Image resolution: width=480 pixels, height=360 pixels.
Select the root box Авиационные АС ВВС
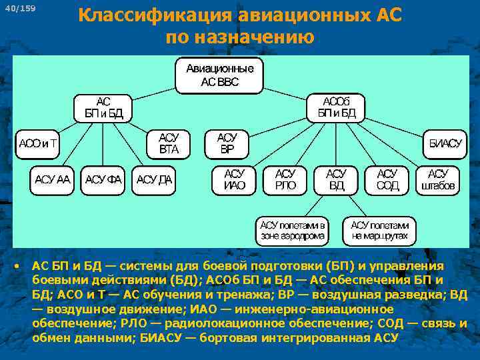(219, 75)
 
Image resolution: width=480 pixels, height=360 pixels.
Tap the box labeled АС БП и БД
(103, 107)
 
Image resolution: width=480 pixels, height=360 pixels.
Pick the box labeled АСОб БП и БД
(337, 107)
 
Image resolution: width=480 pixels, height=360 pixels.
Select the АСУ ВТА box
(169, 143)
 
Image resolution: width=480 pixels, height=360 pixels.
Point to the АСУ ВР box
(227, 143)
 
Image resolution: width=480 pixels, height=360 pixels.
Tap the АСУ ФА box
(103, 179)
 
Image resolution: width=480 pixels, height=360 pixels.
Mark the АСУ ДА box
(154, 179)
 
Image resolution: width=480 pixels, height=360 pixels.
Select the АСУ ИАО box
(235, 179)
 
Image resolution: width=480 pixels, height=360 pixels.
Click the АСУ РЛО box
(286, 179)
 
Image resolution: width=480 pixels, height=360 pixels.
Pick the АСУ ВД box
(337, 179)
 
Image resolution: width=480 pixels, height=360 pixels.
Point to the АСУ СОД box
(387, 179)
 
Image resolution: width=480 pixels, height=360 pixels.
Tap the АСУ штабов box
(438, 179)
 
